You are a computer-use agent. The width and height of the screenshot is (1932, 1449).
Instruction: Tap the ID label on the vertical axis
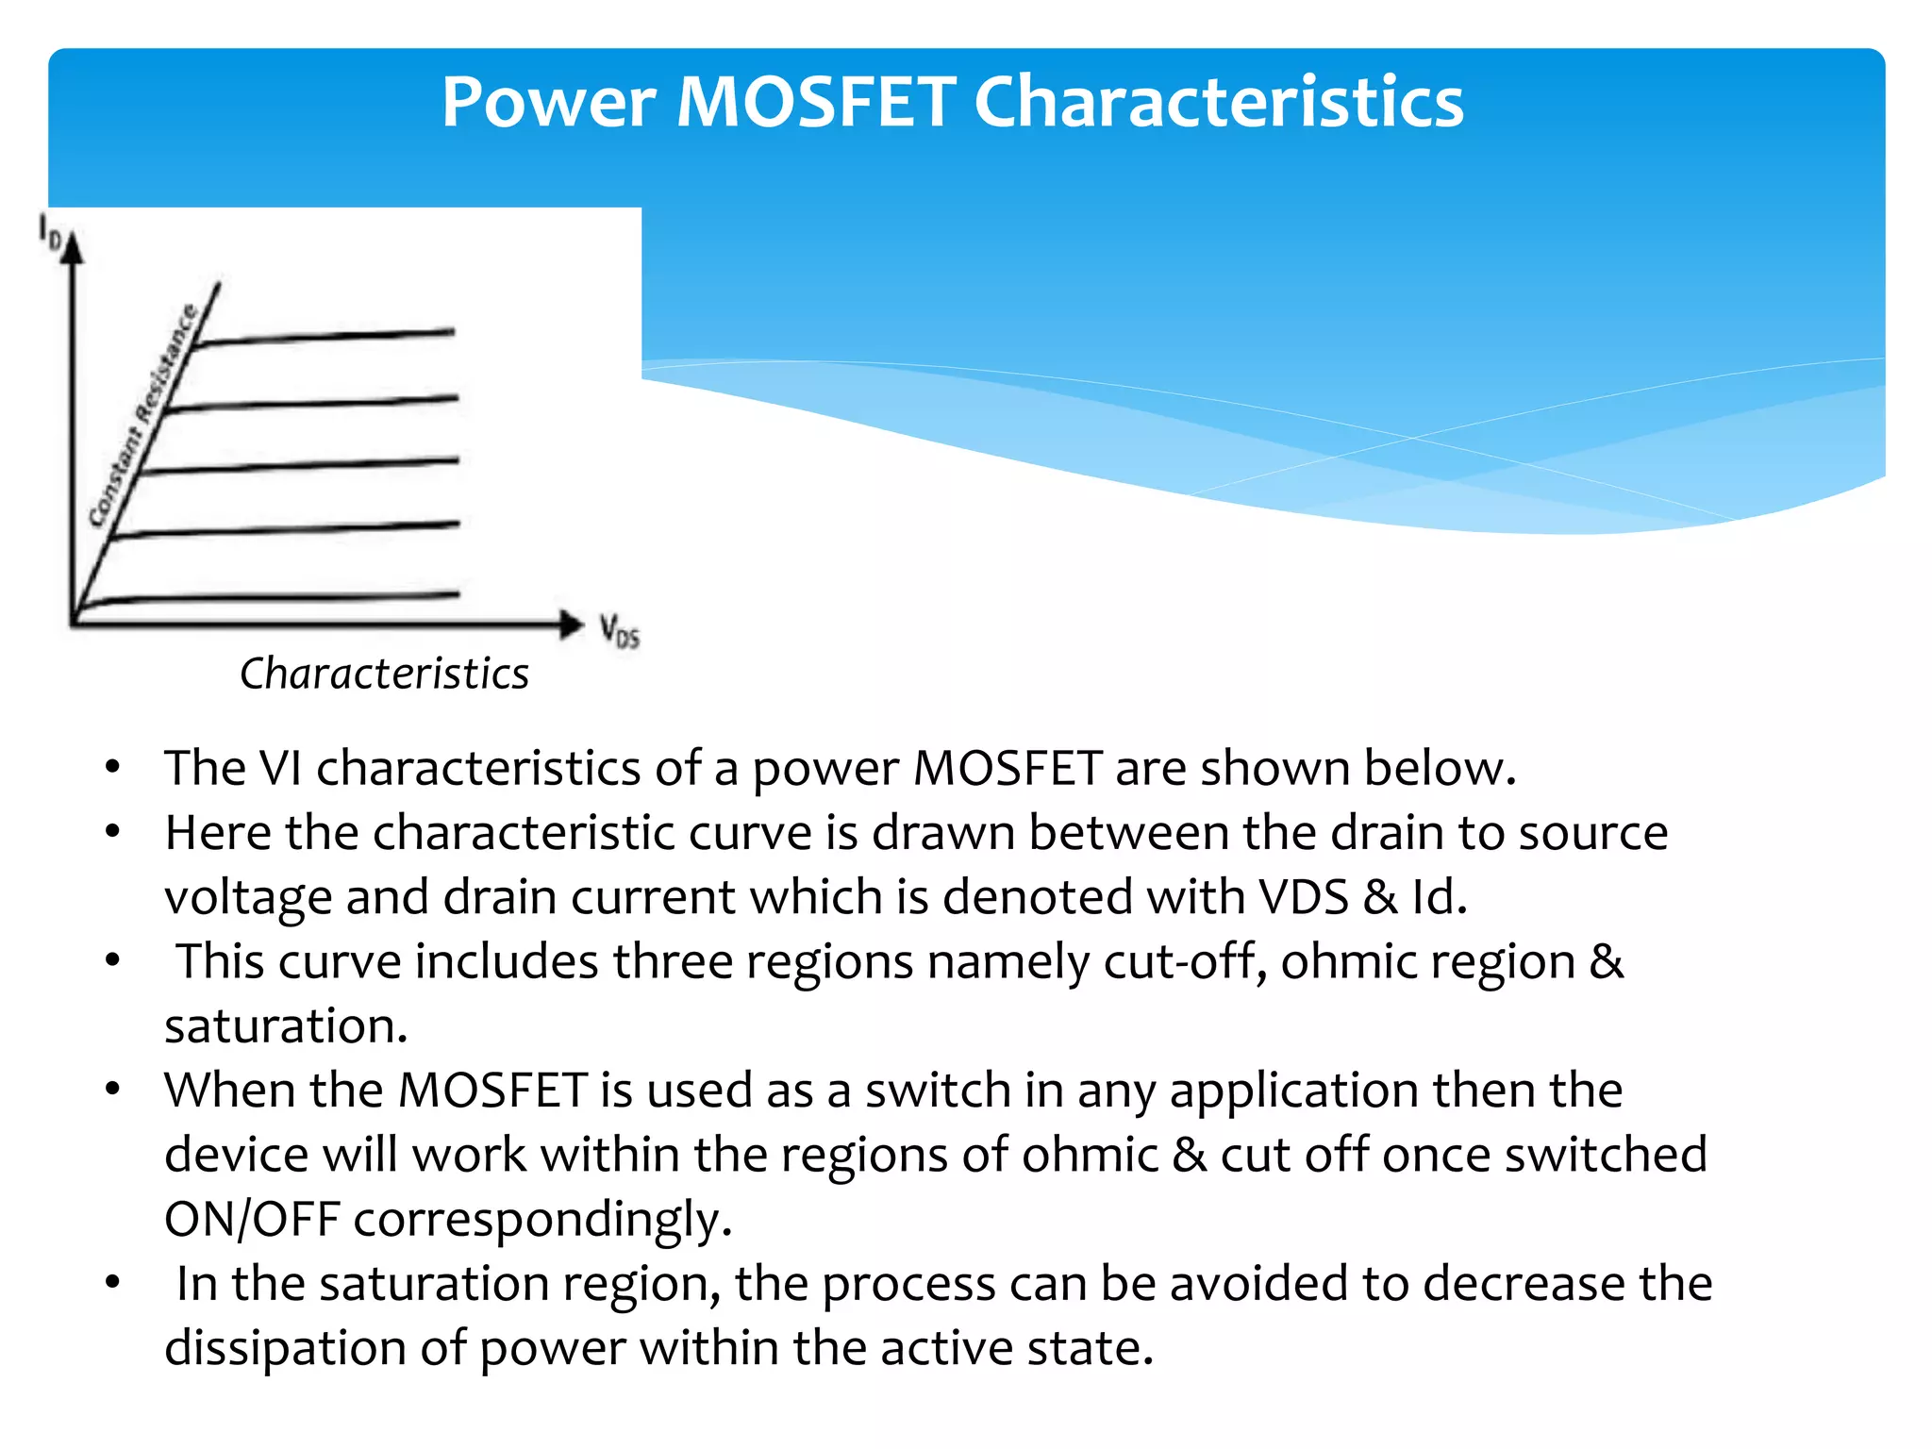(49, 231)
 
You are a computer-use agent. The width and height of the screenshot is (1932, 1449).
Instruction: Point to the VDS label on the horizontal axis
(619, 630)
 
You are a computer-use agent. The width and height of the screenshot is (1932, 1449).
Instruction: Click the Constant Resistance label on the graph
(143, 415)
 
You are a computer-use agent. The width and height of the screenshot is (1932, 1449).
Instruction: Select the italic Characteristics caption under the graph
(384, 674)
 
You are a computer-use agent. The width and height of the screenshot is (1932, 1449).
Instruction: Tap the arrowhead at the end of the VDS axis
(571, 624)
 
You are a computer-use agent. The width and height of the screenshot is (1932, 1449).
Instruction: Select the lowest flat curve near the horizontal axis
(283, 596)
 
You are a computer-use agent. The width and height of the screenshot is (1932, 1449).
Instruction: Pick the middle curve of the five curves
(302, 465)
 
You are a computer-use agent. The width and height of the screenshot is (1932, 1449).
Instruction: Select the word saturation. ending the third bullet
(286, 1025)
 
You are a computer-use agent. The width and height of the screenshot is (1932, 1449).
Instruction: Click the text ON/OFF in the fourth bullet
(251, 1219)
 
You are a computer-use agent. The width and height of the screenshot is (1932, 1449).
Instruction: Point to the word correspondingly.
(542, 1220)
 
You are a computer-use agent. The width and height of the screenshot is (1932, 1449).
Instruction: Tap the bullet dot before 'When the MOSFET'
(113, 1090)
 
